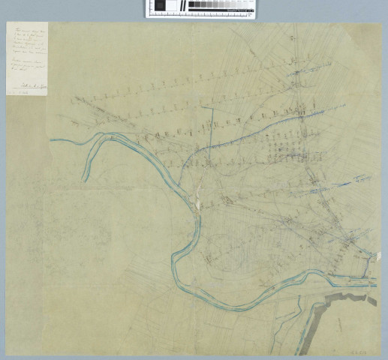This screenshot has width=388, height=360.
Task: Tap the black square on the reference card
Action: click(x=160, y=6)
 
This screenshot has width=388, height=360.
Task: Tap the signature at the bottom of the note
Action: click(x=35, y=86)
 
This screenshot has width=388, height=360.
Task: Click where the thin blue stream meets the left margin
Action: click(x=52, y=141)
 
